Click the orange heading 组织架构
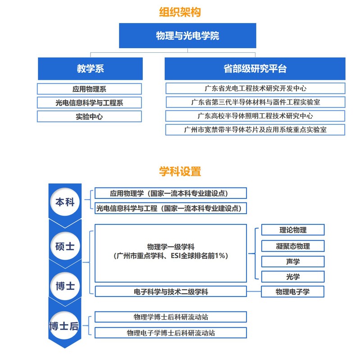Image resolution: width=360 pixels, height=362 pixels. [x=180, y=12]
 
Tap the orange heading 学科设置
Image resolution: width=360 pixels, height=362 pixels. [x=180, y=171]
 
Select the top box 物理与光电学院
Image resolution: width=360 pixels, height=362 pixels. [x=187, y=36]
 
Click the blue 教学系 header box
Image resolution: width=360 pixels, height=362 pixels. [x=90, y=69]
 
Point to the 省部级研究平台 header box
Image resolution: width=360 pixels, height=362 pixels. [x=255, y=69]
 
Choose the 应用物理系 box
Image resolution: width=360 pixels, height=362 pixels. [x=89, y=89]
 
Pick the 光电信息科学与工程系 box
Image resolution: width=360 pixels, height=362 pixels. [x=89, y=103]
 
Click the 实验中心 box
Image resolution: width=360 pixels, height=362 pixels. [x=89, y=116]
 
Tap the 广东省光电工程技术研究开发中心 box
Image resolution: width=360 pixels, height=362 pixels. [x=255, y=88]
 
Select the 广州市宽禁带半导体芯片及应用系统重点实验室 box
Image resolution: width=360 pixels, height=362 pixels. [x=255, y=130]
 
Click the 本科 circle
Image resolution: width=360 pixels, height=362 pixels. [x=65, y=202]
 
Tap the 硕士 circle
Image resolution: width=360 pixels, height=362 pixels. [x=65, y=246]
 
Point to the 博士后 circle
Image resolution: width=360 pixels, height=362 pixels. [x=64, y=325]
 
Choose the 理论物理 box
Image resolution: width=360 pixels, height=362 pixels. [x=293, y=230]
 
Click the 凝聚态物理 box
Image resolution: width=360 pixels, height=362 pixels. [x=293, y=246]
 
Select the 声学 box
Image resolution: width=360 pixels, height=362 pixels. [x=293, y=261]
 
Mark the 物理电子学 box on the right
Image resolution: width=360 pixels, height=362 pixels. [x=292, y=292]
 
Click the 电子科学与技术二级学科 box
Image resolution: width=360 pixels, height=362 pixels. [x=171, y=292]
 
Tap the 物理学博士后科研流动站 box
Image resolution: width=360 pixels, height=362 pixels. [x=171, y=317]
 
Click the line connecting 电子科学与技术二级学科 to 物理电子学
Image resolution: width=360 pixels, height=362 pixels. [x=254, y=291]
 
